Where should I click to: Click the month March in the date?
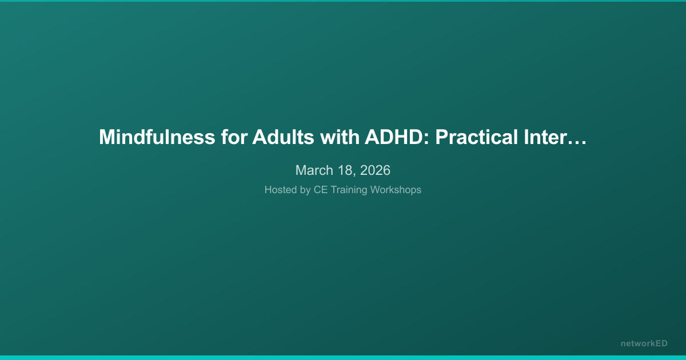[313, 170]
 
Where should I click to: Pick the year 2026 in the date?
[375, 170]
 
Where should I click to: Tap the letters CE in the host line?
[320, 190]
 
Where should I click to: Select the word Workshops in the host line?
[396, 190]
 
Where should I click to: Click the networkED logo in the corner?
[644, 343]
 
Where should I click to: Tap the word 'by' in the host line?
[305, 190]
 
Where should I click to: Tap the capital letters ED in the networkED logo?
[661, 343]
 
